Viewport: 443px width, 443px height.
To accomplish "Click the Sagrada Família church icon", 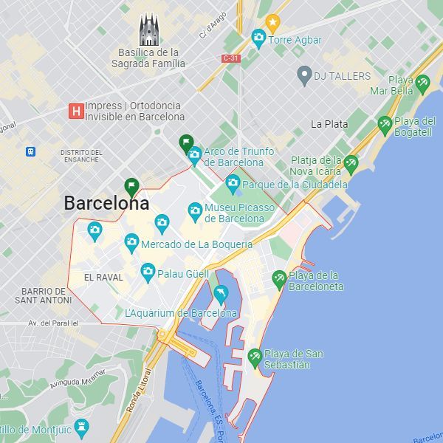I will [x=149, y=30].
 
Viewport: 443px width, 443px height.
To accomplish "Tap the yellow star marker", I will [x=272, y=22].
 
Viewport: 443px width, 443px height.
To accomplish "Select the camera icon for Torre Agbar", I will [x=258, y=37].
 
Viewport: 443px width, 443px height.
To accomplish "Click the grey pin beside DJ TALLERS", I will [x=303, y=74].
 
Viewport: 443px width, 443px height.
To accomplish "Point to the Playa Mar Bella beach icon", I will [x=422, y=84].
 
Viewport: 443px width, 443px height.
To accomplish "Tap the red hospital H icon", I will [x=75, y=111].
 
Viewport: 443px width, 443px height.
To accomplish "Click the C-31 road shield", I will [x=230, y=58].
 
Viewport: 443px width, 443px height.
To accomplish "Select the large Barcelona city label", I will [x=106, y=203].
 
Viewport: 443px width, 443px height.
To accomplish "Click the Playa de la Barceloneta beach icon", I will [x=279, y=279].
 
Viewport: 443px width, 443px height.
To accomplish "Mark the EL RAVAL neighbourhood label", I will [x=103, y=278].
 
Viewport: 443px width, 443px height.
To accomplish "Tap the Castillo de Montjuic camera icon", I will [x=81, y=427].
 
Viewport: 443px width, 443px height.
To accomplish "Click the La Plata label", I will [x=329, y=124].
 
